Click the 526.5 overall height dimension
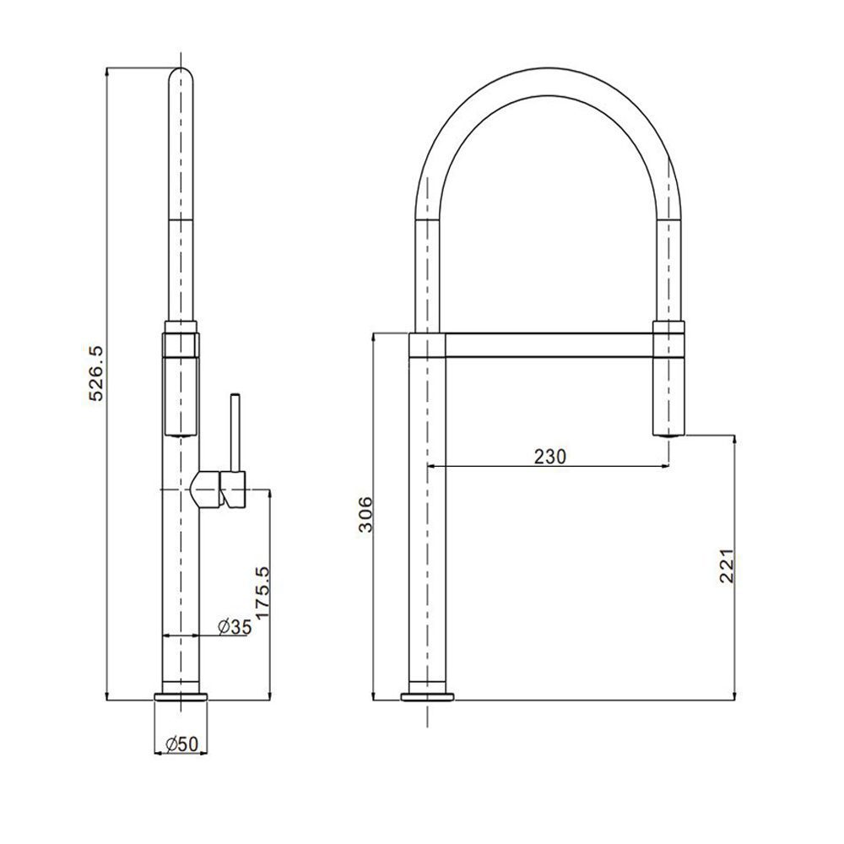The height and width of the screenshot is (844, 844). pos(96,374)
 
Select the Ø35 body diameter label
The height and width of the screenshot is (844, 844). pos(234,626)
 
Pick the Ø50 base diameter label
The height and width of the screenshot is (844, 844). pos(182,744)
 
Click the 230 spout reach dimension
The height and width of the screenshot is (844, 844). pos(550,457)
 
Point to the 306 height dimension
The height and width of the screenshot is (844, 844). pos(365,514)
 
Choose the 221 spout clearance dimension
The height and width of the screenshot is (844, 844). pos(727,565)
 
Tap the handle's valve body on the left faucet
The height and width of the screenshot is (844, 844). pos(218,489)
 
